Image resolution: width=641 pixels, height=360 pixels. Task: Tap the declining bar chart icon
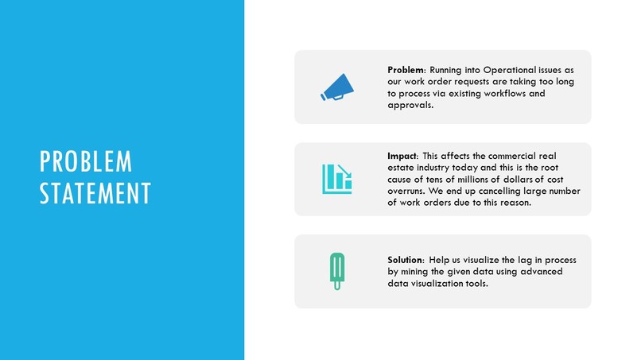(x=336, y=179)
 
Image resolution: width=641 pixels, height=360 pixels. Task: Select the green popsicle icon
(x=336, y=271)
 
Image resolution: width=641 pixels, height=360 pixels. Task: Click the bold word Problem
(x=406, y=71)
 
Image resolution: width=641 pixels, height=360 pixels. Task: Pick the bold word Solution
(x=406, y=261)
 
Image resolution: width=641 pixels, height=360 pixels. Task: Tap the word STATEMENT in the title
(x=95, y=193)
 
